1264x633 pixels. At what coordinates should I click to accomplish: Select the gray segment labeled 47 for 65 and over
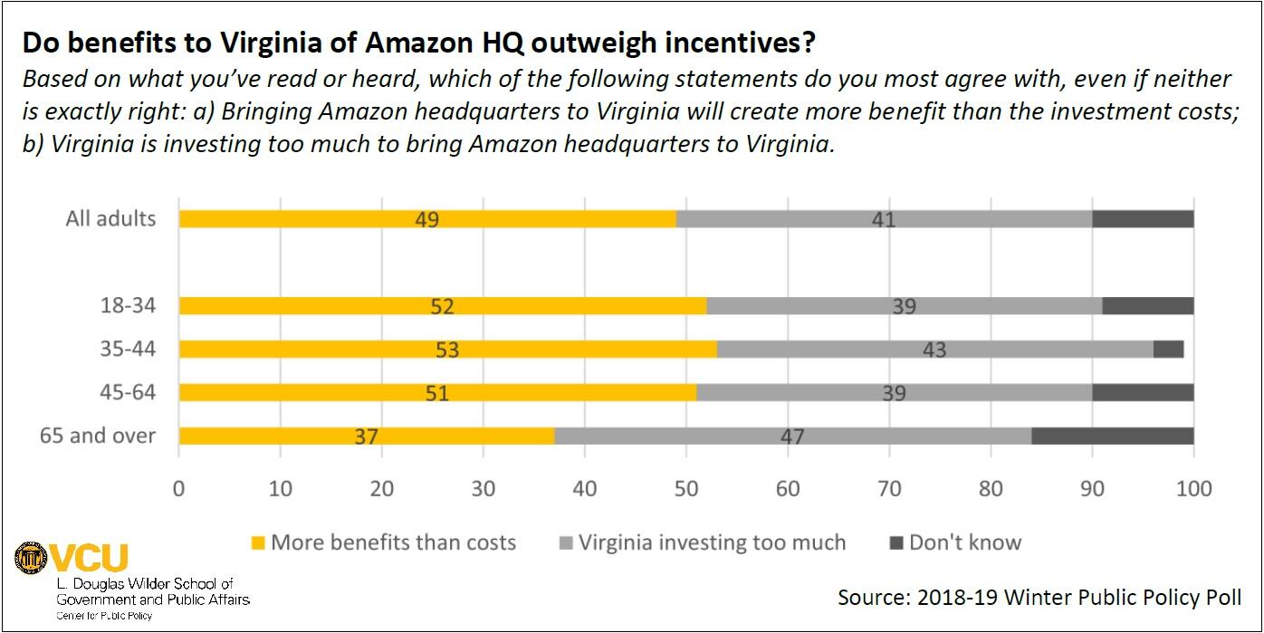pos(792,436)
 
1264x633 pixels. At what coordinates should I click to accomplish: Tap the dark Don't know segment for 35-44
pos(1168,349)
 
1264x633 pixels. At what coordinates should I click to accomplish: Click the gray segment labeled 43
pos(934,349)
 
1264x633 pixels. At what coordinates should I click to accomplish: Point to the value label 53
pos(447,350)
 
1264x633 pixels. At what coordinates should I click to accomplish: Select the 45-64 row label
pos(128,392)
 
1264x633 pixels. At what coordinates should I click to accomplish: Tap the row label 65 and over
pos(98,436)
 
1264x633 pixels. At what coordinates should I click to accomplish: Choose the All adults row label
pos(110,218)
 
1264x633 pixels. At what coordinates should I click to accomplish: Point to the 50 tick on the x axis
pos(686,489)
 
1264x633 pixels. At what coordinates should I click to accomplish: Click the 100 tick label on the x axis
pos(1193,489)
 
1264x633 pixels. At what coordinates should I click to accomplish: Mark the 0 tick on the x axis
pos(179,489)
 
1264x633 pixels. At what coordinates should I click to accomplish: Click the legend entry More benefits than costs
pos(392,542)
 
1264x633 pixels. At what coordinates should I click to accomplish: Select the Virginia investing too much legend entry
pos(711,542)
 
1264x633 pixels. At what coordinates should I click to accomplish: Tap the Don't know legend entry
pos(963,542)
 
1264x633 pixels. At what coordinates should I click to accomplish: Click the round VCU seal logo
pos(30,558)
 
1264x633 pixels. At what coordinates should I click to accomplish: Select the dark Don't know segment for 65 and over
pos(1112,436)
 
